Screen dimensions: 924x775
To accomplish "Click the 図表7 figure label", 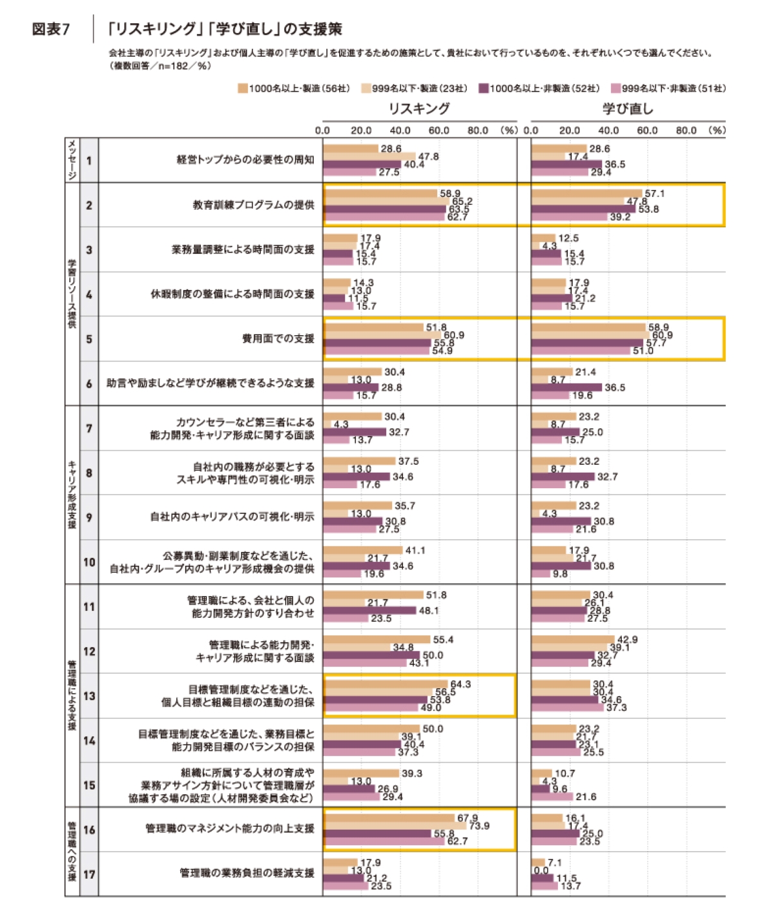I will point(50,29).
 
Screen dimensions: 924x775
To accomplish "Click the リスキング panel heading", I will point(419,108).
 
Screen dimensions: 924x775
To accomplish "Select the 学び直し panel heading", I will point(628,108).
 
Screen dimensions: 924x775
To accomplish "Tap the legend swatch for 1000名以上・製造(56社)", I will point(243,88).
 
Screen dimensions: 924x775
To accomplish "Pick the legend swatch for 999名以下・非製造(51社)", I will point(615,88).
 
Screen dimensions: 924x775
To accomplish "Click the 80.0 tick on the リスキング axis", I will point(477,130).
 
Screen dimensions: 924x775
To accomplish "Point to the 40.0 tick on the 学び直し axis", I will point(608,130).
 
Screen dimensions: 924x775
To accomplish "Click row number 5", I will point(89,339).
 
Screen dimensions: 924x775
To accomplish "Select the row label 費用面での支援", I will point(278,339).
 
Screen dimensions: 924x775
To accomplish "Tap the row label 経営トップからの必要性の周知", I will point(245,159).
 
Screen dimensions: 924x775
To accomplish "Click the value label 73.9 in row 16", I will point(479,826).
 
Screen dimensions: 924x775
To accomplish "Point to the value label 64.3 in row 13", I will point(460,684).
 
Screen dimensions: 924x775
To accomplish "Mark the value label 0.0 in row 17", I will point(541,870).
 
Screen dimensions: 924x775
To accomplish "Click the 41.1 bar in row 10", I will point(362,551).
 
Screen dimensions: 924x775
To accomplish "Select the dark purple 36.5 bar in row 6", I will point(566,387).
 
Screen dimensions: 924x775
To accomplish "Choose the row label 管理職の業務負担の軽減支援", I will point(247,873).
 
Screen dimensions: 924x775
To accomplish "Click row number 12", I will point(89,652).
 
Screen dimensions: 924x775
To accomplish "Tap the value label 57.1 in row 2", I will point(654,194).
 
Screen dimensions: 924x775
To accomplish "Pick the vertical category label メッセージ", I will point(72,159).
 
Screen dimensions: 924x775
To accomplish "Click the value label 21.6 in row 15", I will point(586,797).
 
